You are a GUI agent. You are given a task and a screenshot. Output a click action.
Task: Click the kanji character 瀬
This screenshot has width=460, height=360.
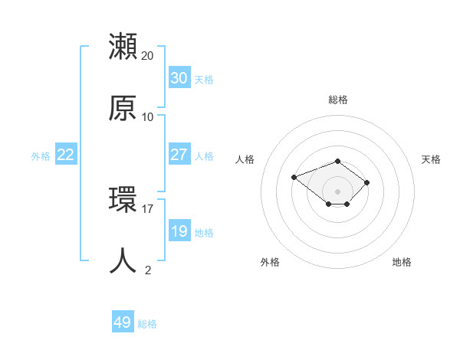123,47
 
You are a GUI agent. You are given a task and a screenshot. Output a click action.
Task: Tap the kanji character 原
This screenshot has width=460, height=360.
123,108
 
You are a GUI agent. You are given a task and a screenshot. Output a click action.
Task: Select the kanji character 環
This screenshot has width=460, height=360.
123,200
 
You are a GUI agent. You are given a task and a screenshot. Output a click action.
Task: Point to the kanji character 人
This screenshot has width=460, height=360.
123,261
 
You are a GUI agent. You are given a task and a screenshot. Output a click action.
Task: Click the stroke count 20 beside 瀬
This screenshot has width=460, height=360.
148,56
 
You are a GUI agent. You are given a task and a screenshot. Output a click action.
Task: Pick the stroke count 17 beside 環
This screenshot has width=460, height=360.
148,208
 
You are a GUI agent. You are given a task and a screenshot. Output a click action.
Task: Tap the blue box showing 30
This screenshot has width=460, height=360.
179,78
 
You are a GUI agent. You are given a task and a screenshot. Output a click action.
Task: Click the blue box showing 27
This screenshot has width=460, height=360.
179,155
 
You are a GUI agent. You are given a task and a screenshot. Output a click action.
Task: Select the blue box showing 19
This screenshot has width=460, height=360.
179,231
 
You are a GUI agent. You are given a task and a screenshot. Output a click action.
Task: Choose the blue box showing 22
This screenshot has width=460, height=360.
66,155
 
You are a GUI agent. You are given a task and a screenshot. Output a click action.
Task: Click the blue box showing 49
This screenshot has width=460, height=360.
123,322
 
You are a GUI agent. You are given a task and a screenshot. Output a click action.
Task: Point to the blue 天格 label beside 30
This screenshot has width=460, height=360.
204,79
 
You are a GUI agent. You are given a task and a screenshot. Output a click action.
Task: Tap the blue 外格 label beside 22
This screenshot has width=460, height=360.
41,155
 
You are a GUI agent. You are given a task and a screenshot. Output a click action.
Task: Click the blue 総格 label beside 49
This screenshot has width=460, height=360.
147,323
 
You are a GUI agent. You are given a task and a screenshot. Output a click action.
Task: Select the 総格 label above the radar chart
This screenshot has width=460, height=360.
338,100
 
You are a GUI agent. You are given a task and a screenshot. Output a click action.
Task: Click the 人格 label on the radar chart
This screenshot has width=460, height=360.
245,159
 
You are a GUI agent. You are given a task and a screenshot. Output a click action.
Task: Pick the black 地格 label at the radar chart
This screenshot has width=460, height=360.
402,262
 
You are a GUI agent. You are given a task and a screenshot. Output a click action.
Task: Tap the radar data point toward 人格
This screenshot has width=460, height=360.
294,178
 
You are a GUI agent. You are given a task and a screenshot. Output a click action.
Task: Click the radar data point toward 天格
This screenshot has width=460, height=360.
367,182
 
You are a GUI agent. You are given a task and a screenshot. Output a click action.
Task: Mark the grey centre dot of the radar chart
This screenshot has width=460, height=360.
338,191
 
